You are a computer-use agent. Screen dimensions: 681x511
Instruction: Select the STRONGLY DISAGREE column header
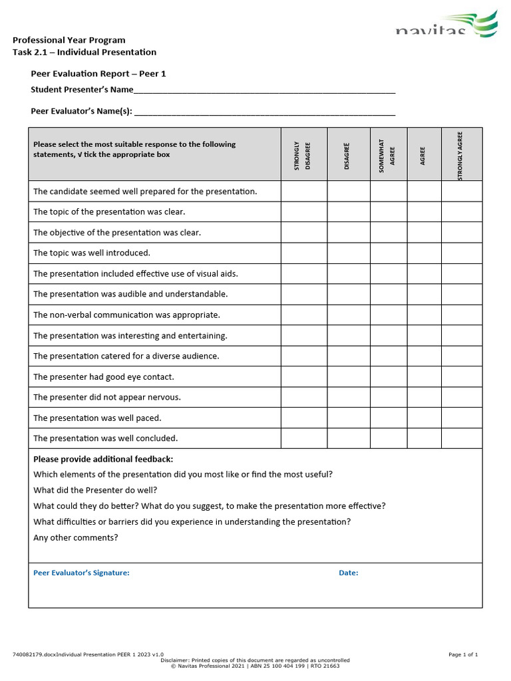coord(303,154)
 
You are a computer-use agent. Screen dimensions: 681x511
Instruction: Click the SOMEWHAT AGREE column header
coord(388,154)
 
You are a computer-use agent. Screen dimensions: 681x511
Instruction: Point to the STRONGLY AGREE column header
coord(460,154)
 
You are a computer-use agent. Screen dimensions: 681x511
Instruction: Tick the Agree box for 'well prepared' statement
coord(424,192)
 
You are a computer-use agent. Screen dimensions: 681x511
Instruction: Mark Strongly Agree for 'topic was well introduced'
coord(462,253)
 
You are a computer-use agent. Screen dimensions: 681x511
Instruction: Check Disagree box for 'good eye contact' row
coord(348,377)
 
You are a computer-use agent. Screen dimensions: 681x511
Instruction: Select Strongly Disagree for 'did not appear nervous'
coord(303,398)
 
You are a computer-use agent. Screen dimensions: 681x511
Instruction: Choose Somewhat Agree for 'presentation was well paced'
coord(388,418)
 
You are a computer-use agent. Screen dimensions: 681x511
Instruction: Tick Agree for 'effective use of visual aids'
coord(424,274)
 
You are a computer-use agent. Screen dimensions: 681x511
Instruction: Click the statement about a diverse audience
coord(126,356)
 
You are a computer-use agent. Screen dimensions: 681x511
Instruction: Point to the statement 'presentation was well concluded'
coord(105,439)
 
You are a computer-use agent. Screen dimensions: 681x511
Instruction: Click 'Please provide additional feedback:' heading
coord(103,460)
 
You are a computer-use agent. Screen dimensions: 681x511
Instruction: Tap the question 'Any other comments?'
coord(76,538)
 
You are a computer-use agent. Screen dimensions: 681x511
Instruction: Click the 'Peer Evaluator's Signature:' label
coord(81,573)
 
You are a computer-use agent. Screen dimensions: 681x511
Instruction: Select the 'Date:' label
coord(348,573)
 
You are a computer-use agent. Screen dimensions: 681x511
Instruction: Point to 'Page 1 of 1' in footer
coord(463,655)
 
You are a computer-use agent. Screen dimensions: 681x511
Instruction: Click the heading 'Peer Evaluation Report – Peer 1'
coord(98,74)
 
